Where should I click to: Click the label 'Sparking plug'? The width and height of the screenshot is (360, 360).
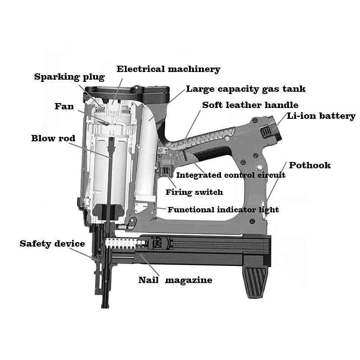(x=69, y=77)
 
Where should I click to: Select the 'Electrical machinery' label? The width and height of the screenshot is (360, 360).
(x=168, y=69)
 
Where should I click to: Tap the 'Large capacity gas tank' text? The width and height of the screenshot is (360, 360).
(x=246, y=89)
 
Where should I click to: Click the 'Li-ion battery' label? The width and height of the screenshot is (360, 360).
(x=321, y=116)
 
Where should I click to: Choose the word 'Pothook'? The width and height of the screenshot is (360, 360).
(x=310, y=165)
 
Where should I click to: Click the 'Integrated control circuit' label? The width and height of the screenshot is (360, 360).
(x=230, y=175)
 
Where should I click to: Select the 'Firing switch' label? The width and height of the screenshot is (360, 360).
(x=194, y=193)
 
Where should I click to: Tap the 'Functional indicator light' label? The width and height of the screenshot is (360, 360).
(x=223, y=210)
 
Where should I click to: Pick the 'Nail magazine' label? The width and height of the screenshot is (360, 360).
(x=175, y=280)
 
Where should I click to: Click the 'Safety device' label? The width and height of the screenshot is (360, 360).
(x=52, y=244)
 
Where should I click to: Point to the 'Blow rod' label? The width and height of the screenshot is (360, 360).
(x=53, y=138)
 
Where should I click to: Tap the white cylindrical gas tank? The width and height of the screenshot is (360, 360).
(x=145, y=153)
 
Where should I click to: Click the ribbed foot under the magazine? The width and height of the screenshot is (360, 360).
(x=256, y=281)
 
